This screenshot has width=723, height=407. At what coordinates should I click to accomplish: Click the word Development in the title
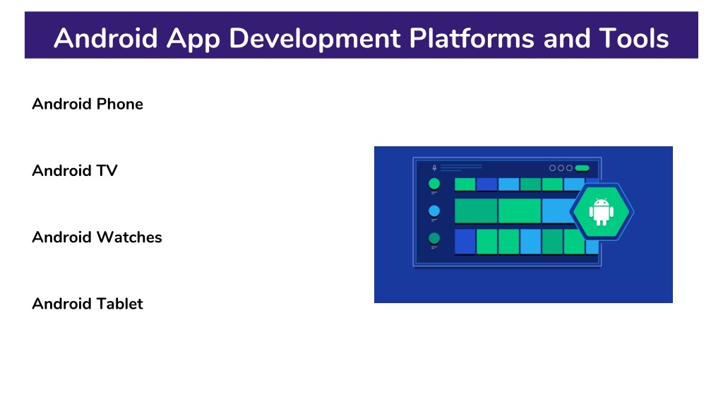(x=314, y=39)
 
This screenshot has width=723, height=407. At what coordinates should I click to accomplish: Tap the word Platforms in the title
(x=471, y=38)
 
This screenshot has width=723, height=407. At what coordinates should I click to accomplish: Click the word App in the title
(x=193, y=39)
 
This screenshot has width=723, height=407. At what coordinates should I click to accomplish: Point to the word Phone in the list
(x=119, y=104)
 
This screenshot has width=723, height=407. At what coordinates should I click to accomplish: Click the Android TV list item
(x=75, y=170)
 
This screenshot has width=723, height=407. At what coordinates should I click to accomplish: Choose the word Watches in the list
(x=129, y=237)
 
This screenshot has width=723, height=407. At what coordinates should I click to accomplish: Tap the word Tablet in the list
(x=120, y=304)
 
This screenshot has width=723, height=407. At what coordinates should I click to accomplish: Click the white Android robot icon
(x=602, y=212)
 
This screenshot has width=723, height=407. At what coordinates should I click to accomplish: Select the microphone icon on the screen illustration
(x=434, y=168)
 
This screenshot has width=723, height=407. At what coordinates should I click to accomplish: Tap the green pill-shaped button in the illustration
(x=582, y=168)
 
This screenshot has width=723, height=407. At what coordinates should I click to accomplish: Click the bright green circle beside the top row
(x=434, y=184)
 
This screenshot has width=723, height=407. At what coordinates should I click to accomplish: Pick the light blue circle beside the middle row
(x=434, y=211)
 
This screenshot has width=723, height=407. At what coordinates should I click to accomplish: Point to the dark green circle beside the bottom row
(x=434, y=239)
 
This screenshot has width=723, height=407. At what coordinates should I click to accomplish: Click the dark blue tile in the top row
(x=487, y=184)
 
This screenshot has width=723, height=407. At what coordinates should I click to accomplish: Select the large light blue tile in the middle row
(x=558, y=211)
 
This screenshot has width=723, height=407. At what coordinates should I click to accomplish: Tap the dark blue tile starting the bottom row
(x=465, y=242)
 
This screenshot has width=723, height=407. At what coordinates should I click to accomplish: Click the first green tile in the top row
(x=465, y=184)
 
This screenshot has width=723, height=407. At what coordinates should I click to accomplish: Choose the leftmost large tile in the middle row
(x=476, y=211)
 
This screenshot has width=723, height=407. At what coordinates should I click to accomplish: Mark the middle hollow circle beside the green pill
(x=561, y=168)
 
